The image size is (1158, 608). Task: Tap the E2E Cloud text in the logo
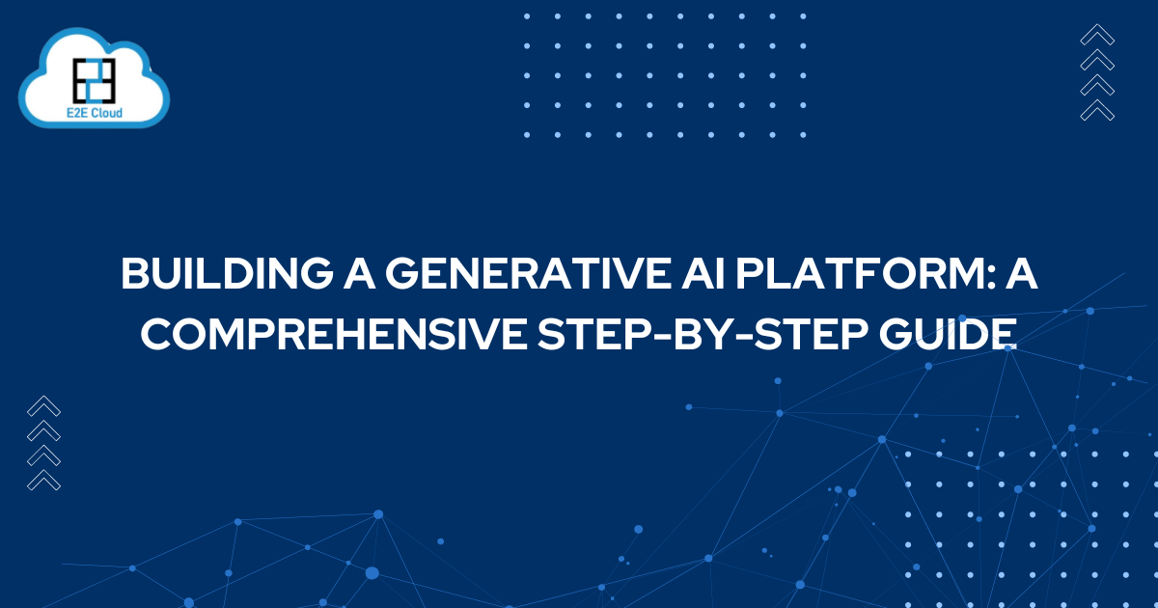point(95,112)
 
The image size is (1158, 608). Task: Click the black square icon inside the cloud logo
point(95,80)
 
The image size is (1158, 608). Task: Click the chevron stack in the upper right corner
point(1097,73)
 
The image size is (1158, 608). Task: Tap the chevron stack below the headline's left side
point(44,443)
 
